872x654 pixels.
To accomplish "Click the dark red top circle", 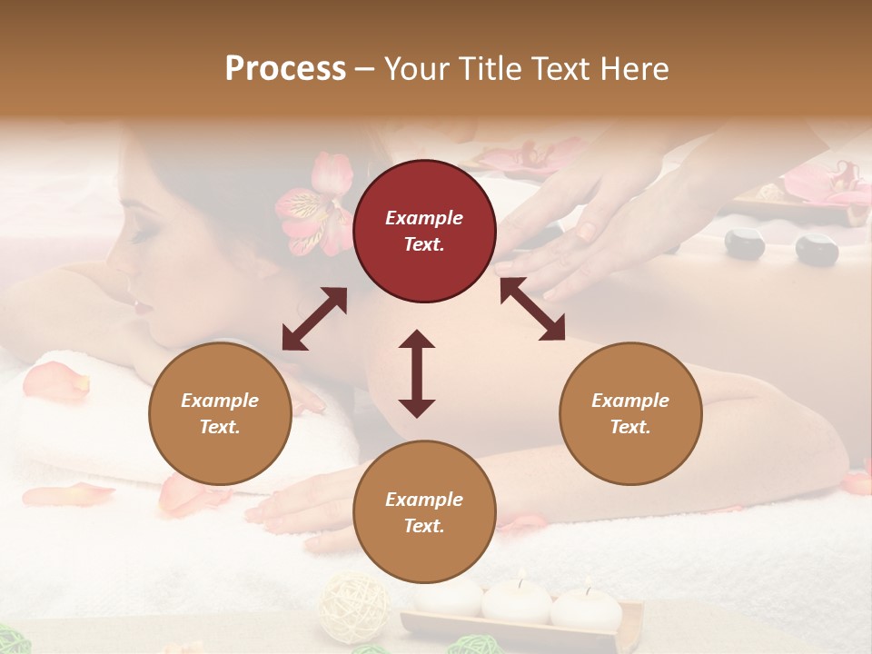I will pos(424,231).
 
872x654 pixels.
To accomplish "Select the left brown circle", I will pos(220,413).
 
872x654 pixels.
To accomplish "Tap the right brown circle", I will pos(630,413).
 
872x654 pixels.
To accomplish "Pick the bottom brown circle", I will pos(424,512).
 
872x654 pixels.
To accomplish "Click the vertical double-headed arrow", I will pos(417,373).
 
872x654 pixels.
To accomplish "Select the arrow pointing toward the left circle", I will pos(314,319).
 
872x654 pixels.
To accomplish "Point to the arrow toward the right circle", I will pos(532,309).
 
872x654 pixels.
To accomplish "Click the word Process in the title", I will pos(285,69).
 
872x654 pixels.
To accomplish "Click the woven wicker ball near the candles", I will pos(354,607).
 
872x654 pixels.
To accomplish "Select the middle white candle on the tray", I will pos(516,599).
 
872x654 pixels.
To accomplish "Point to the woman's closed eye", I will pos(144,234).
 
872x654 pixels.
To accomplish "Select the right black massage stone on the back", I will pos(816,248).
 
